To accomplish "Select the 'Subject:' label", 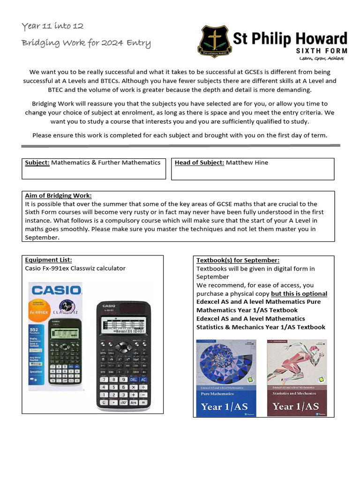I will [x=37, y=163].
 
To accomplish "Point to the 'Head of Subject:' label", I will [x=199, y=163].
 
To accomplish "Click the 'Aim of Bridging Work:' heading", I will [x=58, y=195].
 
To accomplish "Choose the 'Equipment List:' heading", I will [x=48, y=260].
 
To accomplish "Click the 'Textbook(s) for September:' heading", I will [x=238, y=260].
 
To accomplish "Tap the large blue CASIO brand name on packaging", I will [x=56, y=289].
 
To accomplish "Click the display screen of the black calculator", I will [x=123, y=324].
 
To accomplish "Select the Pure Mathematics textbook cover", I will [x=226, y=378].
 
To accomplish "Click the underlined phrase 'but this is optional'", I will [x=299, y=293].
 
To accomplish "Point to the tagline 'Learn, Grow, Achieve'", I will [x=322, y=59].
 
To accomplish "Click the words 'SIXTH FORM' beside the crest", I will [x=321, y=50].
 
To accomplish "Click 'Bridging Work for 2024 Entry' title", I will [x=86, y=43].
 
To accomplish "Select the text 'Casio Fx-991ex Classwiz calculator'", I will [x=75, y=269].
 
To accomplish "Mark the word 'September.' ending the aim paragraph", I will [x=42, y=237].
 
